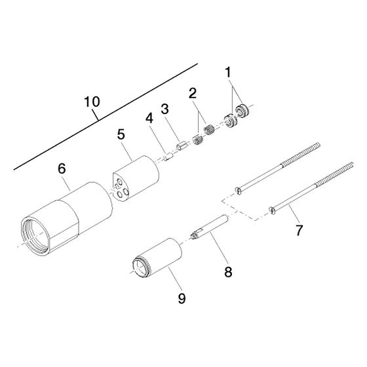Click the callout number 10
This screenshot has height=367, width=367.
92,102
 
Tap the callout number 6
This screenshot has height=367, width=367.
62,169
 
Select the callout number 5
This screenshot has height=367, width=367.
121,134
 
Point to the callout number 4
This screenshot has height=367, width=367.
149,118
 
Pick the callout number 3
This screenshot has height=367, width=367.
164,109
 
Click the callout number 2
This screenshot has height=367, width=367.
193,93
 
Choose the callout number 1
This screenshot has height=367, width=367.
228,72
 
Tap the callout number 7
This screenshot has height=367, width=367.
299,230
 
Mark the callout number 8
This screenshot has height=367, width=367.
228,272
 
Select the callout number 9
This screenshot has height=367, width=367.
182,298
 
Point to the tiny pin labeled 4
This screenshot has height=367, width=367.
168,157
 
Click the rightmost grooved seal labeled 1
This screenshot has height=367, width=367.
242,109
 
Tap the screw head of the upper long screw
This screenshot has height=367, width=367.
238,191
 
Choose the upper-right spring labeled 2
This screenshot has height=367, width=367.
209,130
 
